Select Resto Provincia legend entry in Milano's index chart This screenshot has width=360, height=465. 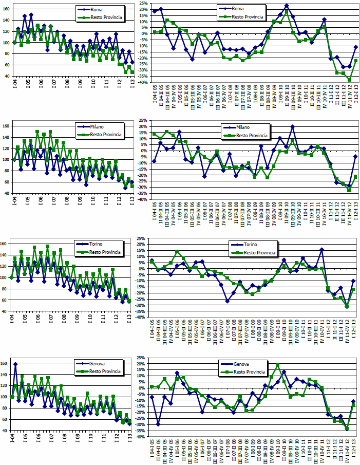[x=102, y=134]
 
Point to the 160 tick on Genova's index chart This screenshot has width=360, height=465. [x=6, y=363]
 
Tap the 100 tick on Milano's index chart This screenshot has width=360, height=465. [x=6, y=160]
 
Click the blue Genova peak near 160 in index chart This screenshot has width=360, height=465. [x=16, y=364]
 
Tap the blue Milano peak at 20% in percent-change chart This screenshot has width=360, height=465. [x=292, y=126]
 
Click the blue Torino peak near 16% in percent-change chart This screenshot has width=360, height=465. [x=321, y=250]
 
